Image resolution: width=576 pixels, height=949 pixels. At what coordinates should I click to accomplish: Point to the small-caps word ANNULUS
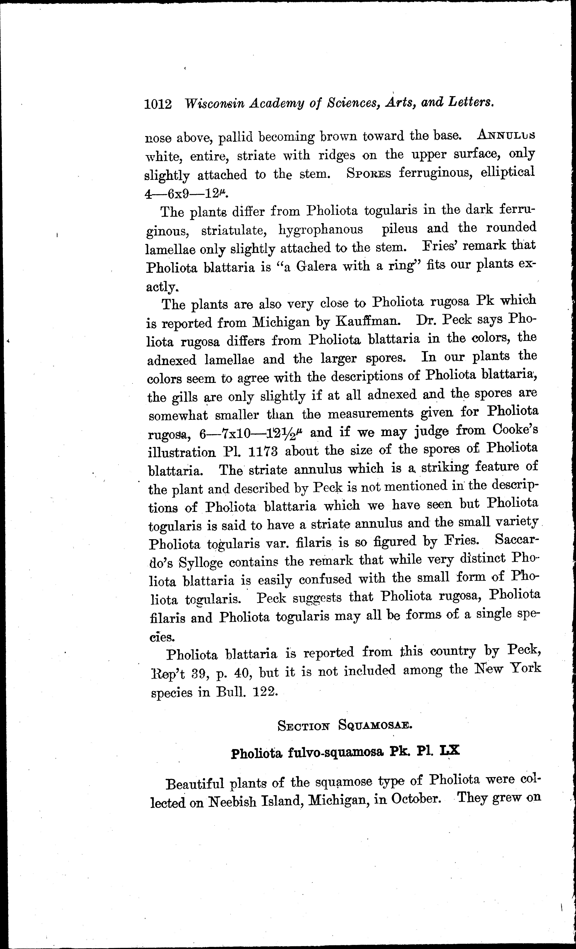click(x=505, y=135)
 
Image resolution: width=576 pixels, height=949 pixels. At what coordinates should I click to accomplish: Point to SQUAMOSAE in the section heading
click(x=375, y=725)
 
